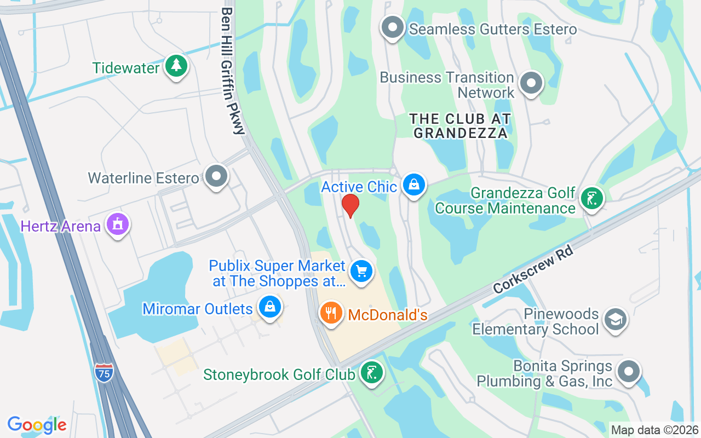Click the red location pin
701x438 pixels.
click(350, 205)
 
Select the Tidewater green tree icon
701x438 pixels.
click(176, 66)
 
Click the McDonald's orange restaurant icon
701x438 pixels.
click(331, 313)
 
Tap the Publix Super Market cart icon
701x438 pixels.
click(361, 270)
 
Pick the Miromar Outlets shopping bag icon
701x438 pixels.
click(270, 307)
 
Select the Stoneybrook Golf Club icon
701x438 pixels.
click(372, 373)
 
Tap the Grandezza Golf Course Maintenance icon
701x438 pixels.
click(591, 198)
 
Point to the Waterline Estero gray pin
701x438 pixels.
click(216, 176)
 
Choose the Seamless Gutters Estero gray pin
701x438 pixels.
click(393, 27)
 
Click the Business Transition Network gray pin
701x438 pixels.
click(530, 83)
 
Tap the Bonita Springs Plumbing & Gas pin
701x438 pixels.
click(628, 371)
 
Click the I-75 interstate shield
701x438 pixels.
click(104, 372)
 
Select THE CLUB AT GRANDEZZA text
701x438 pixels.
click(461, 125)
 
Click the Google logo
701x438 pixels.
click(37, 424)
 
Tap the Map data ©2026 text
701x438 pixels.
click(654, 430)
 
